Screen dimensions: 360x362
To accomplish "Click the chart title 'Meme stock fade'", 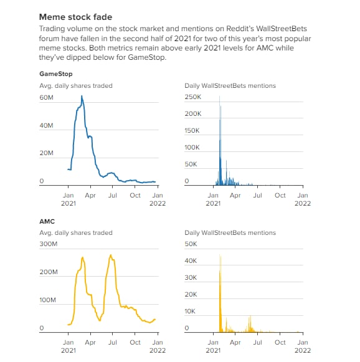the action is [76, 17].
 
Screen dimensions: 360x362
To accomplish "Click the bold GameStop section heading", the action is [56, 74].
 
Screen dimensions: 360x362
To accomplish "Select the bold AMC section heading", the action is [47, 221].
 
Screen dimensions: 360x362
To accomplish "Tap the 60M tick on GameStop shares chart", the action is [46, 97].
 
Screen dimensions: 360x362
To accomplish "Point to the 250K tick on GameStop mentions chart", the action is [193, 97].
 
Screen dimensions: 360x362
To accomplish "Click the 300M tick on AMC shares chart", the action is [49, 244].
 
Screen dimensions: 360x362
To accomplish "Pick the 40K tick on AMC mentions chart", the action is [191, 261].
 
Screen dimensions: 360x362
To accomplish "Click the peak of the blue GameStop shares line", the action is [82, 96].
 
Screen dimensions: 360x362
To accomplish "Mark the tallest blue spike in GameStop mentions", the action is [219, 97].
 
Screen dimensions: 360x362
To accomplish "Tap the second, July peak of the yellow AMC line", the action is [111, 255].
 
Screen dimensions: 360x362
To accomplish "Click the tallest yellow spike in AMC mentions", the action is [220, 255].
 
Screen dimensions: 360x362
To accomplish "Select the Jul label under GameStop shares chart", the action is [113, 195].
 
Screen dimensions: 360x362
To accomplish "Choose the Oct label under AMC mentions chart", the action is [280, 343].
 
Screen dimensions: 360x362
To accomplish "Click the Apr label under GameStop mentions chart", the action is [235, 196].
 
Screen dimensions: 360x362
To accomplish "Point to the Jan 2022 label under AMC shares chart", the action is [158, 346].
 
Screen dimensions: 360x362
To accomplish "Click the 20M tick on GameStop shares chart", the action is [46, 153].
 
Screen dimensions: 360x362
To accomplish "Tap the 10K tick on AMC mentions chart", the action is [190, 312].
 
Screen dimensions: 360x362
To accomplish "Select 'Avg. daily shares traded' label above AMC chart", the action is [76, 233].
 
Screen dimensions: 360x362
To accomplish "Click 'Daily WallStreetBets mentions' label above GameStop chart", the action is [230, 86].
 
